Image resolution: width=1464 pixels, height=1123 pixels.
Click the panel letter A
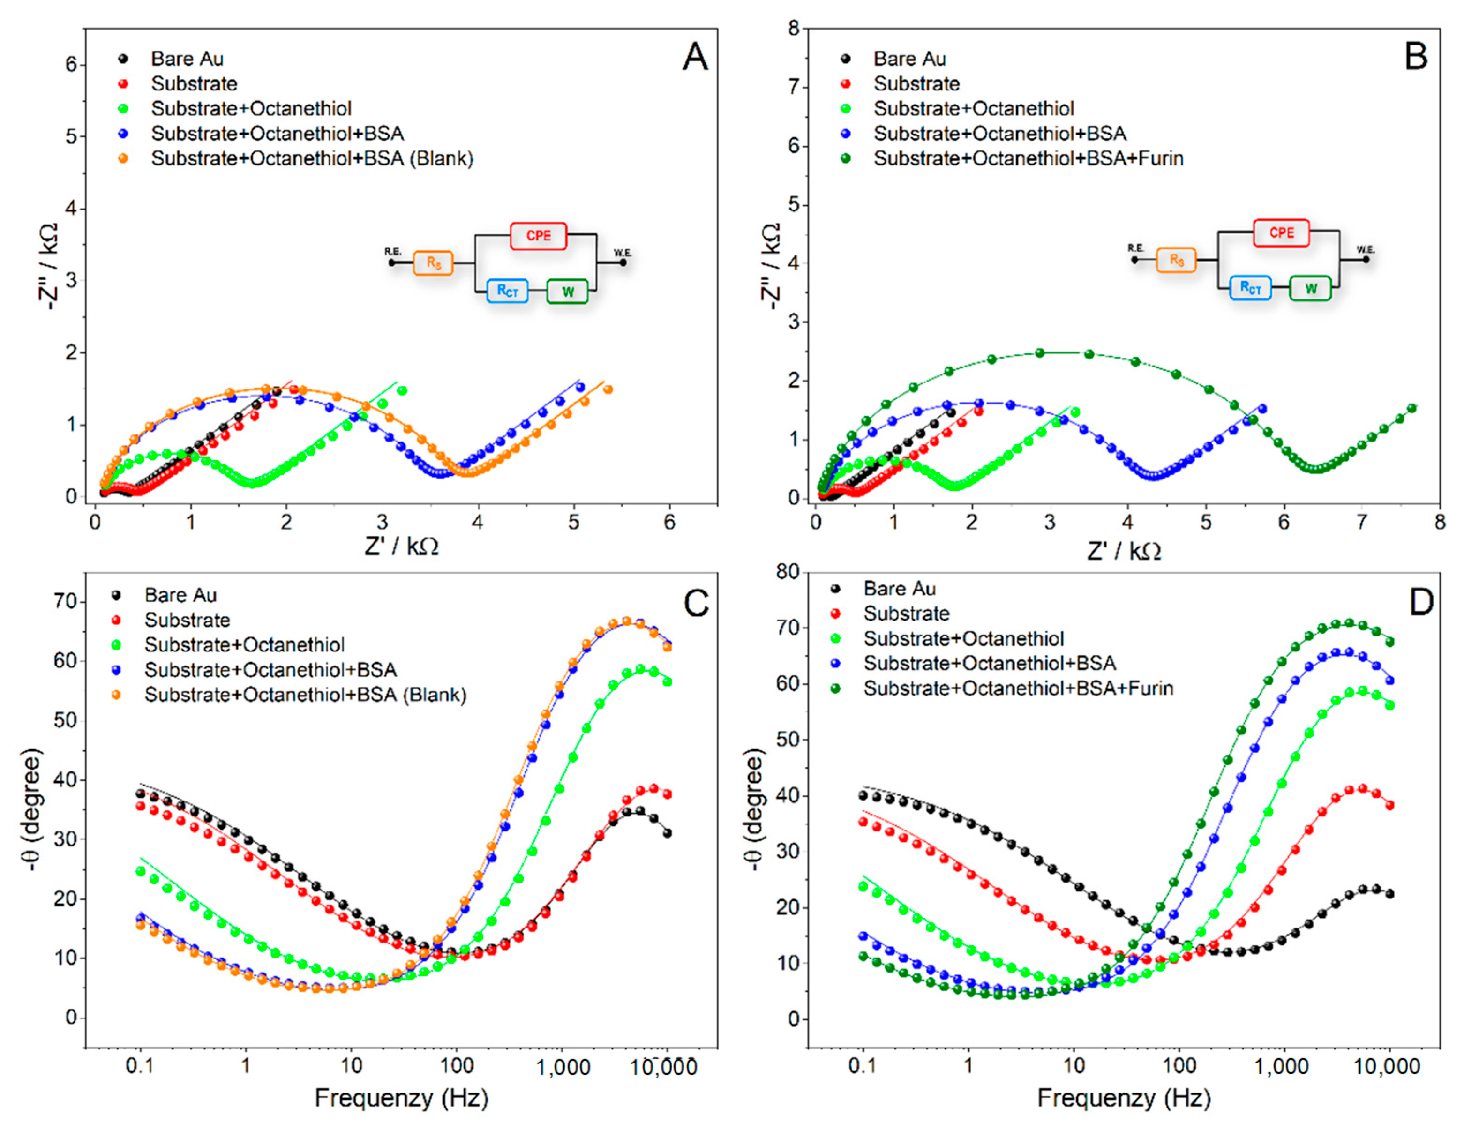pyautogui.click(x=695, y=58)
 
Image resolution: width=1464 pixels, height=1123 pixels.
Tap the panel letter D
pyautogui.click(x=1420, y=602)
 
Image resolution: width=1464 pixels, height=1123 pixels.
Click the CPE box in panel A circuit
pyautogui.click(x=538, y=236)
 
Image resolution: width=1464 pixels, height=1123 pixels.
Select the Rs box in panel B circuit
pyautogui.click(x=1176, y=260)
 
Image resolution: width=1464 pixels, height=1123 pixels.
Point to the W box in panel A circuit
pyautogui.click(x=568, y=292)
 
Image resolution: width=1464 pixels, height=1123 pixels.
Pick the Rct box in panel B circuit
pyautogui.click(x=1250, y=288)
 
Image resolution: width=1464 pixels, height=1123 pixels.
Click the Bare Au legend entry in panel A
pyautogui.click(x=187, y=59)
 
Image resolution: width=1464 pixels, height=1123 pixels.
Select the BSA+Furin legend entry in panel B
pyautogui.click(x=1028, y=158)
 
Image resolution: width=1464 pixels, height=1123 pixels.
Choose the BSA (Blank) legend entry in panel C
pyautogui.click(x=305, y=695)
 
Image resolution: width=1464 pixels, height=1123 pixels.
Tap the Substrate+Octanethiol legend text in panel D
pyautogui.click(x=963, y=638)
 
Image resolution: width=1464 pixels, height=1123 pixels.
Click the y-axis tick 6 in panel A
pyautogui.click(x=71, y=65)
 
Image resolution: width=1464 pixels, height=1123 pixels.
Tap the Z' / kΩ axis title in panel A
pyautogui.click(x=401, y=547)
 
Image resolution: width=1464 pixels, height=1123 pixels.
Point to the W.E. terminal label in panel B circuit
pyautogui.click(x=1365, y=249)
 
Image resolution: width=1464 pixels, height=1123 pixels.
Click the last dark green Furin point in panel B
pyautogui.click(x=1412, y=408)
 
